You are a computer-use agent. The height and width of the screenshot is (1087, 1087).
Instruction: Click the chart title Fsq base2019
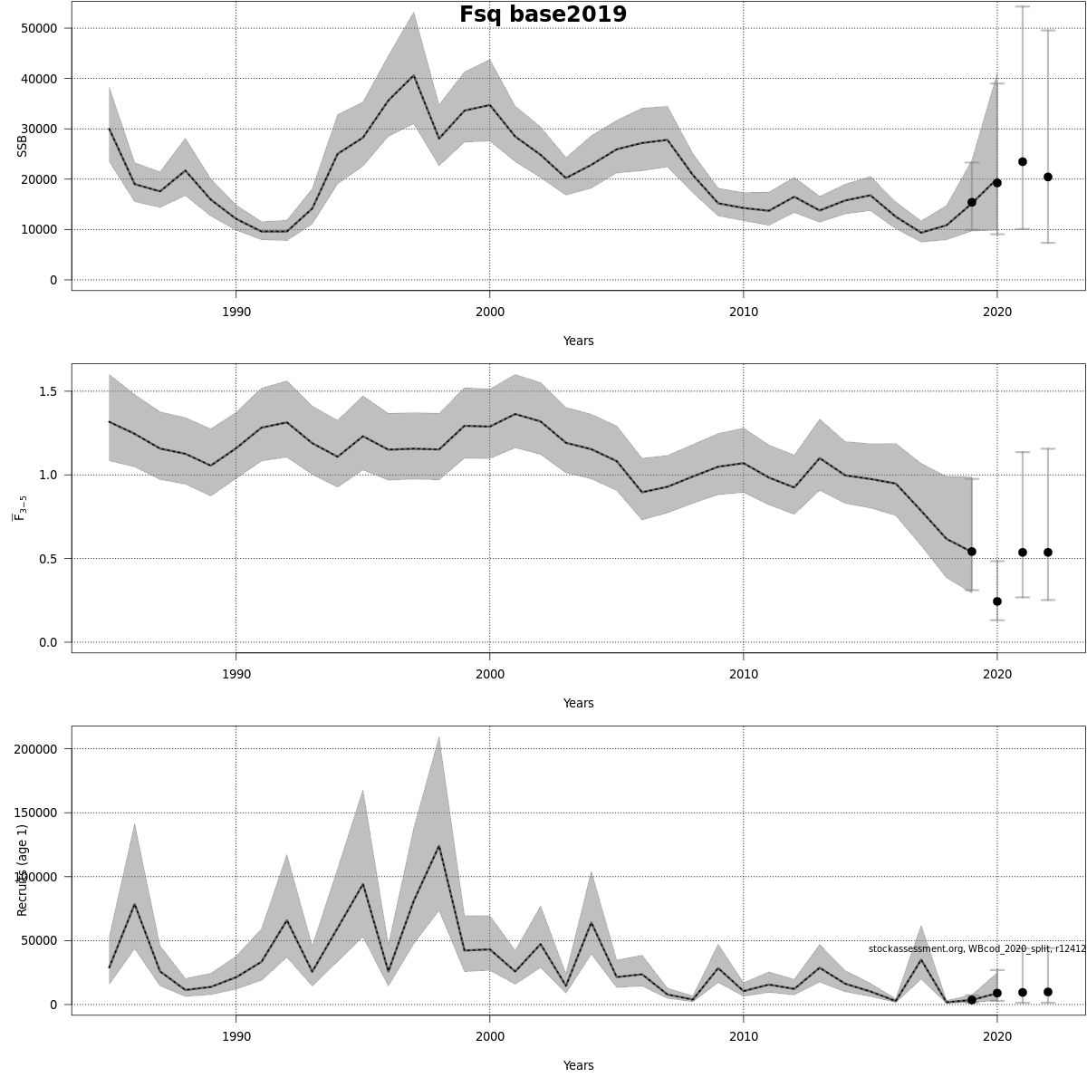[543, 14]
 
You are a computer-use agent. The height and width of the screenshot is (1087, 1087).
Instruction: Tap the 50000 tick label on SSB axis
[38, 28]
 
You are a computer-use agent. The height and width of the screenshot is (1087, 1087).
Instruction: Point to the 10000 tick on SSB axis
[38, 230]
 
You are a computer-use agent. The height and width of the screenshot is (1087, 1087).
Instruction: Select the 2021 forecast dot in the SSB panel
[1023, 162]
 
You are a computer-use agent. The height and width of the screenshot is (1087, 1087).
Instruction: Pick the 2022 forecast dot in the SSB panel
[1048, 177]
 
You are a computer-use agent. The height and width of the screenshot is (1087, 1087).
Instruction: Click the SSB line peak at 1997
[414, 76]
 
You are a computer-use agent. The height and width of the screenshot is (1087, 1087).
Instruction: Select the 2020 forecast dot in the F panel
[997, 601]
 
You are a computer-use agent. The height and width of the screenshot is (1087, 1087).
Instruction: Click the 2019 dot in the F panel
[972, 552]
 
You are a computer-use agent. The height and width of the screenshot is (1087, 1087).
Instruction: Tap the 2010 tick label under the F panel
[743, 674]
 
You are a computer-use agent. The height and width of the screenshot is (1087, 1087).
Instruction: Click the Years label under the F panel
[578, 703]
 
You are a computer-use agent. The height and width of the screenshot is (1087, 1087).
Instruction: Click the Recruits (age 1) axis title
[23, 870]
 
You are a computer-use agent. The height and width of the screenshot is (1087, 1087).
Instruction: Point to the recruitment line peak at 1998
[439, 846]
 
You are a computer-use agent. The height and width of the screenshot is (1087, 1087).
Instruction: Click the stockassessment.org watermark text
[976, 948]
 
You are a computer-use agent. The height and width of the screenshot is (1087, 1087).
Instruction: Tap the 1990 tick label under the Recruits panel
[236, 1036]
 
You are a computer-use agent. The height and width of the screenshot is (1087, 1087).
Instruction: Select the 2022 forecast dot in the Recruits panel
[1048, 992]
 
